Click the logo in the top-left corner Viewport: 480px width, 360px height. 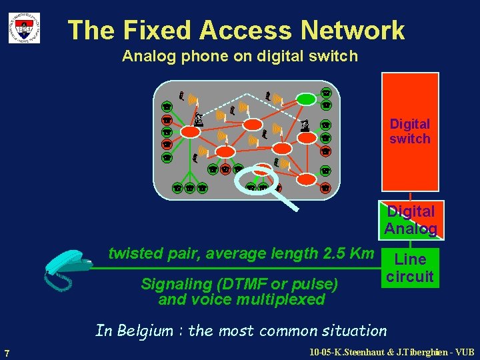pos(24,28)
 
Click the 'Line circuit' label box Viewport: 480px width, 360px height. pos(410,268)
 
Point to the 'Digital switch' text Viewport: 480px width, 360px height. pos(410,131)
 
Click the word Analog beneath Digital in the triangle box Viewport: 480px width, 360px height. pos(411,229)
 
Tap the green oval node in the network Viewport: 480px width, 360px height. pos(306,99)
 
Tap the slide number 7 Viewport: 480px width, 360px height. pos(6,353)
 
